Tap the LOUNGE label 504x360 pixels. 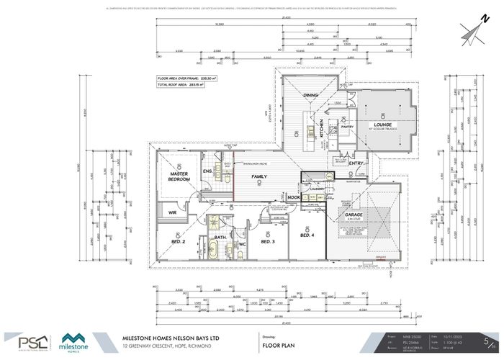[x=382, y=124]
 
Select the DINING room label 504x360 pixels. [x=310, y=95]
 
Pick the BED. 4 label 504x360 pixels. [x=307, y=235]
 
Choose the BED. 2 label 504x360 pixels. [x=179, y=242]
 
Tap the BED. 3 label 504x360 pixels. [x=267, y=242]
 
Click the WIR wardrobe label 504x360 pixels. [x=173, y=213]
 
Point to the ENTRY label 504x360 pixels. [x=356, y=163]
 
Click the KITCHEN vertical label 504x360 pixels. [x=323, y=127]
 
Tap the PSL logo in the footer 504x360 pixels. [x=28, y=341]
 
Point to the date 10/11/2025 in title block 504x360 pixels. [x=455, y=335]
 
